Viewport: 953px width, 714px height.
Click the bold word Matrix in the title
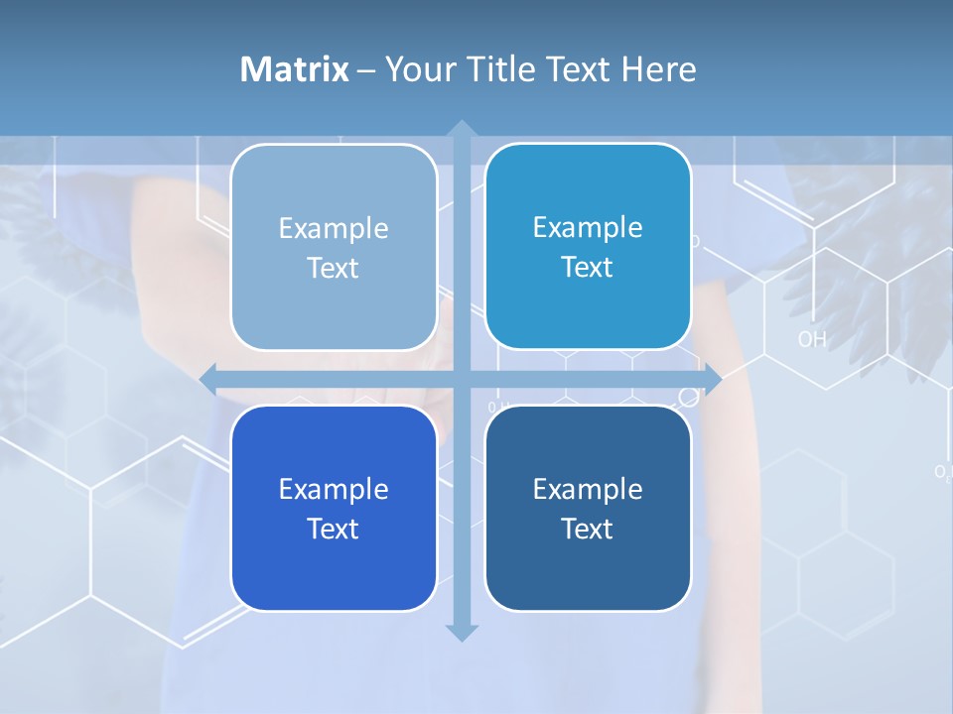click(295, 69)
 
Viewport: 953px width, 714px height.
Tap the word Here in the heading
click(658, 69)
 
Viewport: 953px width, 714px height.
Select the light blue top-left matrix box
click(334, 247)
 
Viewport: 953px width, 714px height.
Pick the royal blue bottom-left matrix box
click(334, 508)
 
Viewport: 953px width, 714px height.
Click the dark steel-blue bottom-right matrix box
click(588, 508)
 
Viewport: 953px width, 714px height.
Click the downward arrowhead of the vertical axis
click(461, 633)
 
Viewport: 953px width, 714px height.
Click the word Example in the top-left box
click(334, 228)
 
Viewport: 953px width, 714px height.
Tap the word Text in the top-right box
click(588, 267)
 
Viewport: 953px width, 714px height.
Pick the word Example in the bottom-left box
click(334, 489)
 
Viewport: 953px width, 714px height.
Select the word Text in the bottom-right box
click(588, 529)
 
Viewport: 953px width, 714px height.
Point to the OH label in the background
click(812, 339)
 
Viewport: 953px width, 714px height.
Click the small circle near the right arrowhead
click(688, 398)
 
